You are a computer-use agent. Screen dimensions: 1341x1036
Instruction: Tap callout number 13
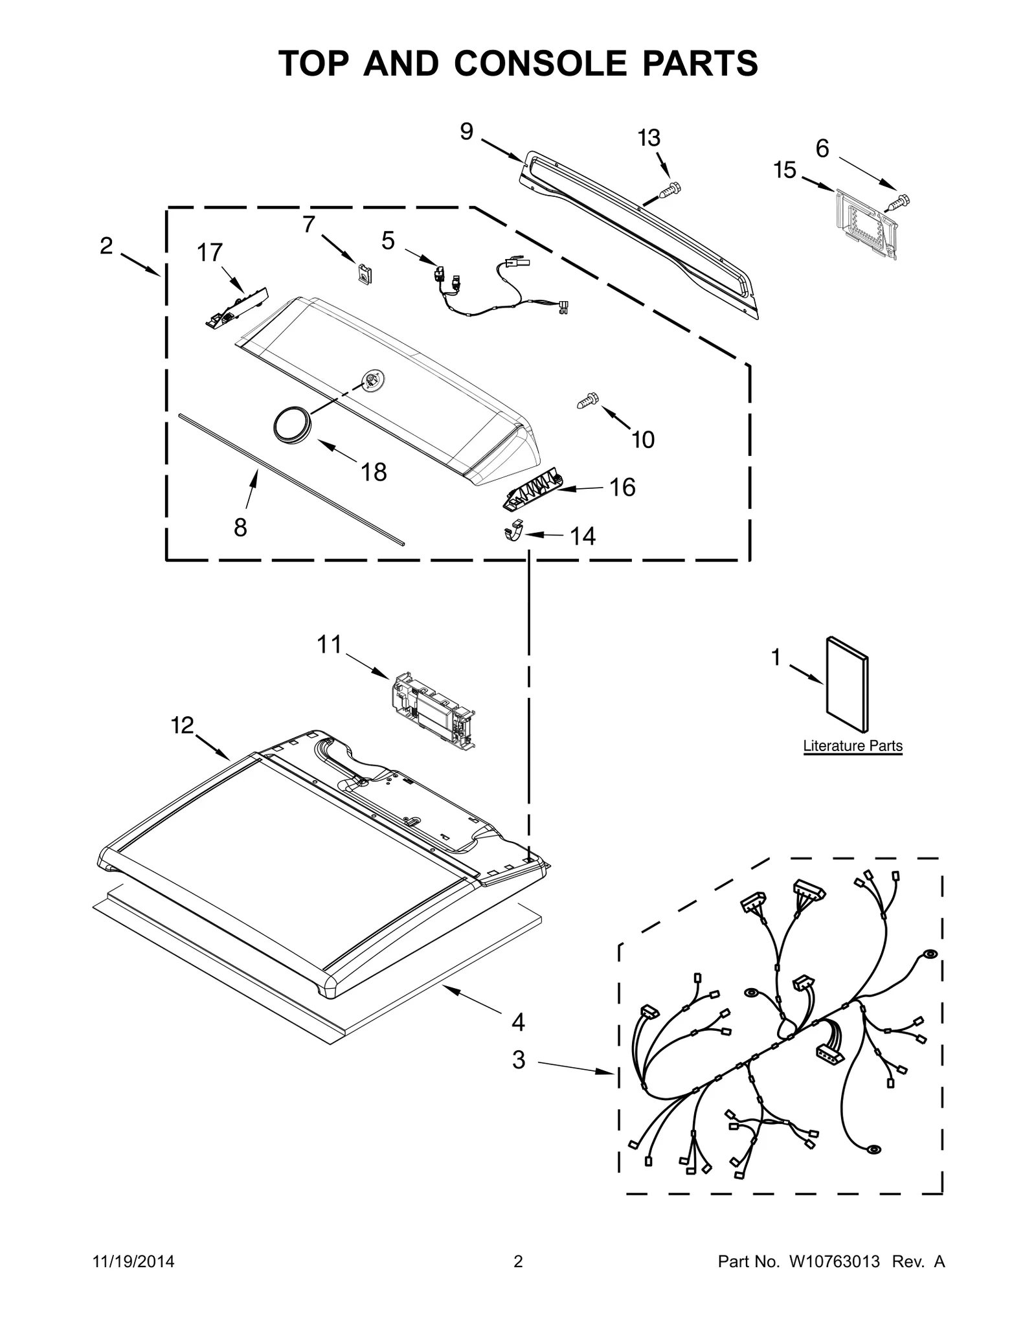coord(649,138)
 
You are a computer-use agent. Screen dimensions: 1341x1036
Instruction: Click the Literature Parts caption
coord(852,746)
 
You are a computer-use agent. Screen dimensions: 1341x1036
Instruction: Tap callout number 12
coord(182,725)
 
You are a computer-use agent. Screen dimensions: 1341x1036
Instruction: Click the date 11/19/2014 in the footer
coord(134,1261)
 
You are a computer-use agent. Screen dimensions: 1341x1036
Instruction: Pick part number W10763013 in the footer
coord(834,1261)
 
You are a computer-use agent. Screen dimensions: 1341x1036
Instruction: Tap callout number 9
coord(466,131)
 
